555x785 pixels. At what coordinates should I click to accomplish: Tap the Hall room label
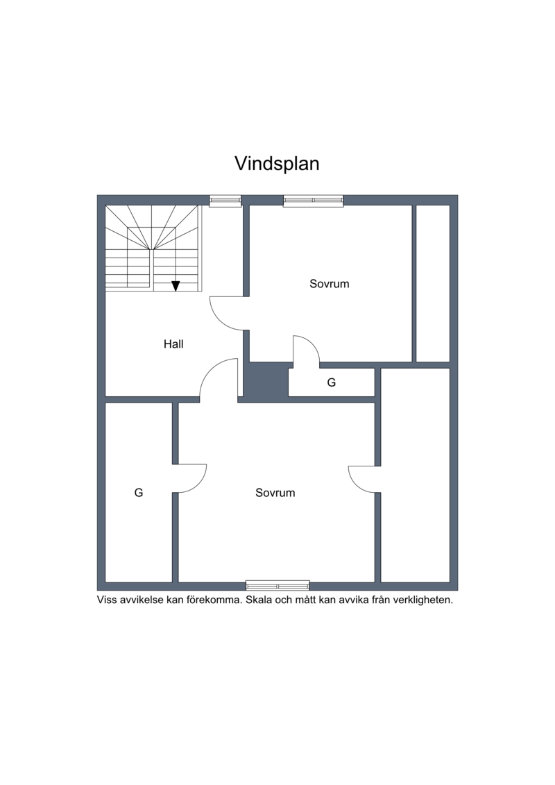click(173, 344)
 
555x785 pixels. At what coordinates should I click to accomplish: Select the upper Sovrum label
click(330, 284)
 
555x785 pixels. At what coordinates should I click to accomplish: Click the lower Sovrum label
click(275, 493)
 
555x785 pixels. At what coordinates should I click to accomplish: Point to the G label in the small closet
click(332, 382)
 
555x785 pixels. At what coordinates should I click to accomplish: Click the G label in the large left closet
click(139, 493)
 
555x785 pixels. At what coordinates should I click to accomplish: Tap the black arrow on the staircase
click(176, 286)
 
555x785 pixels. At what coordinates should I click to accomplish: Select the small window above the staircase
click(225, 201)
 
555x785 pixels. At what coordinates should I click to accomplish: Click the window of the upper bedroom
click(314, 201)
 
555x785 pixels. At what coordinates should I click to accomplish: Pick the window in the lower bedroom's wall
click(277, 585)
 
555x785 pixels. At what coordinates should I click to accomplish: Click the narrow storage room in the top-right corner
click(433, 283)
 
